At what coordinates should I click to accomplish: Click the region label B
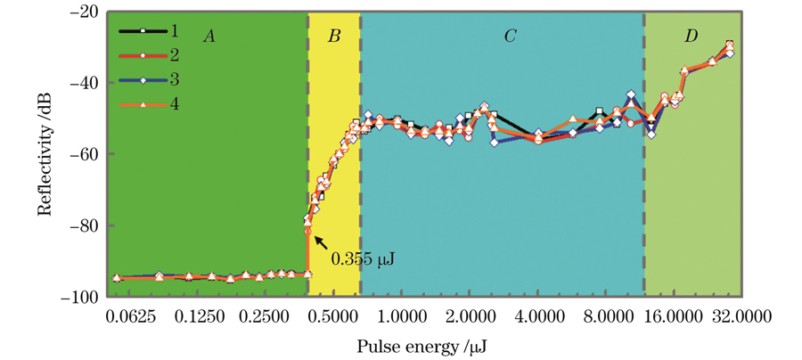click(334, 37)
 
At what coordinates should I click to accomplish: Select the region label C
click(511, 36)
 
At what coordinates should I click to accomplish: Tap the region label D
click(692, 36)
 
